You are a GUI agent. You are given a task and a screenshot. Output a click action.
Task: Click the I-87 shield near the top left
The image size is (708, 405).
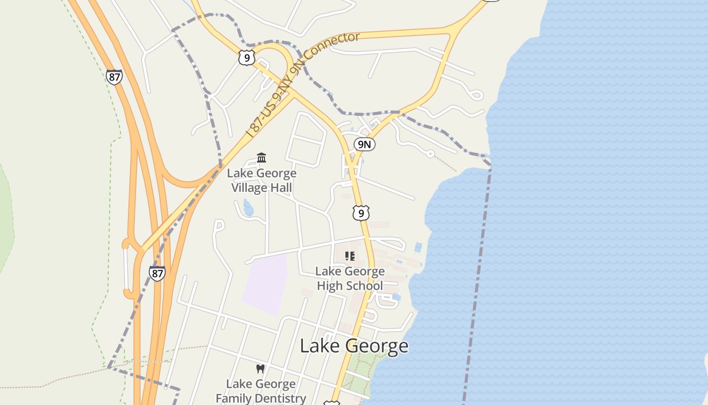pos(114,77)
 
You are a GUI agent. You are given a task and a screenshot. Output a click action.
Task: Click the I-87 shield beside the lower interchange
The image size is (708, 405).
pos(157,273)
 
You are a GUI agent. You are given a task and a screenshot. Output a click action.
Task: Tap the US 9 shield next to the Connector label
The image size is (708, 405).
pos(246,58)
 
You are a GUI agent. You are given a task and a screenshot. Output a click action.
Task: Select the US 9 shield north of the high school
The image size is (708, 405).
pos(361,213)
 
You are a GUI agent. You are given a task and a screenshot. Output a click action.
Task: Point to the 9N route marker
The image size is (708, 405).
pos(364,144)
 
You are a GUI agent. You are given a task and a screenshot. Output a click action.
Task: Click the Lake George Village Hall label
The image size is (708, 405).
pos(261,180)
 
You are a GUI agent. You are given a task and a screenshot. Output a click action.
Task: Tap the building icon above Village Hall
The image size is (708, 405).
pos(261,158)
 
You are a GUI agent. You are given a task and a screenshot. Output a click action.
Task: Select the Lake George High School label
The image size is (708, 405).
pos(350,278)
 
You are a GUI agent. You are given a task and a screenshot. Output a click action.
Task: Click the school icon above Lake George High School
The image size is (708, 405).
pos(350,256)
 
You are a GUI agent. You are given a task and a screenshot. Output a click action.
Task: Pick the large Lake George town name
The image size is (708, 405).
pos(354,346)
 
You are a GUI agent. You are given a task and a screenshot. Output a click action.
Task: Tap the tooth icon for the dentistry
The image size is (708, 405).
pos(260,369)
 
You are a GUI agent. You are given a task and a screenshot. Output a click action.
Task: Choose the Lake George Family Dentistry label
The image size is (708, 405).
pos(261,391)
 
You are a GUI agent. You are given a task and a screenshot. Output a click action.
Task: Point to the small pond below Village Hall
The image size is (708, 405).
pos(248,208)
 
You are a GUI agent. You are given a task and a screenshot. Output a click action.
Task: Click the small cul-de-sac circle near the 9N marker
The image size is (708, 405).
pos(430,153)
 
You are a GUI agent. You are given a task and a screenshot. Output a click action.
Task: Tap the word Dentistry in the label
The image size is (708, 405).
pos(282,398)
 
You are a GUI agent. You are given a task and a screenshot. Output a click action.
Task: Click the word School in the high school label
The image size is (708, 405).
pos(364,286)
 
